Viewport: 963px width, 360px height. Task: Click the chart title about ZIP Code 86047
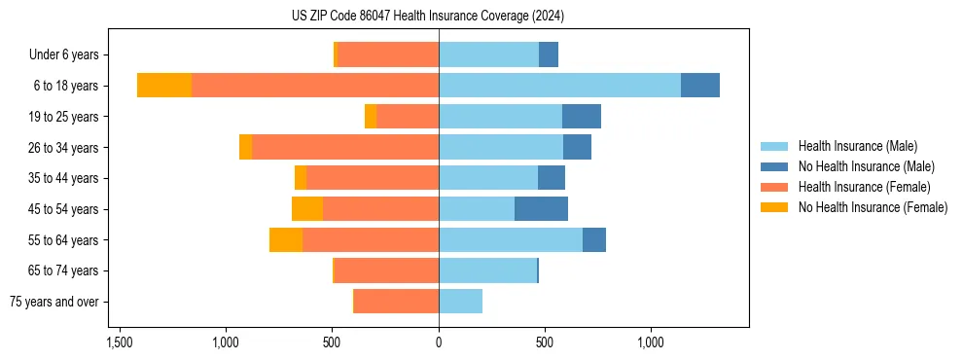[427, 17]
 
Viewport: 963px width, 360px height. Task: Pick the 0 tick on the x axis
[439, 343]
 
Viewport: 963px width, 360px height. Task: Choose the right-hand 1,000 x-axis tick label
[651, 343]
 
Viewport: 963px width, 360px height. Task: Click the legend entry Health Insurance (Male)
[857, 146]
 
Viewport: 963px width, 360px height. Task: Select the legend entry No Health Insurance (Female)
[873, 207]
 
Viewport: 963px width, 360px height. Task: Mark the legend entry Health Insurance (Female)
[864, 187]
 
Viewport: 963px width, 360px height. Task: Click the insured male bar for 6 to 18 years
[559, 86]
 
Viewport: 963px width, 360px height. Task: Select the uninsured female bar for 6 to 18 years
[164, 86]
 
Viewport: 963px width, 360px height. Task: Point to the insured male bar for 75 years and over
[460, 302]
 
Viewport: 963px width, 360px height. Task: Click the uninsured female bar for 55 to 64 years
[286, 239]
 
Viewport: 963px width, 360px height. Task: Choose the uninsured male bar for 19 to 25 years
[582, 117]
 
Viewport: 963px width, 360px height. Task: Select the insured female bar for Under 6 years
[388, 55]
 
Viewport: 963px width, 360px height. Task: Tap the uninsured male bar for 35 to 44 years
[552, 178]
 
